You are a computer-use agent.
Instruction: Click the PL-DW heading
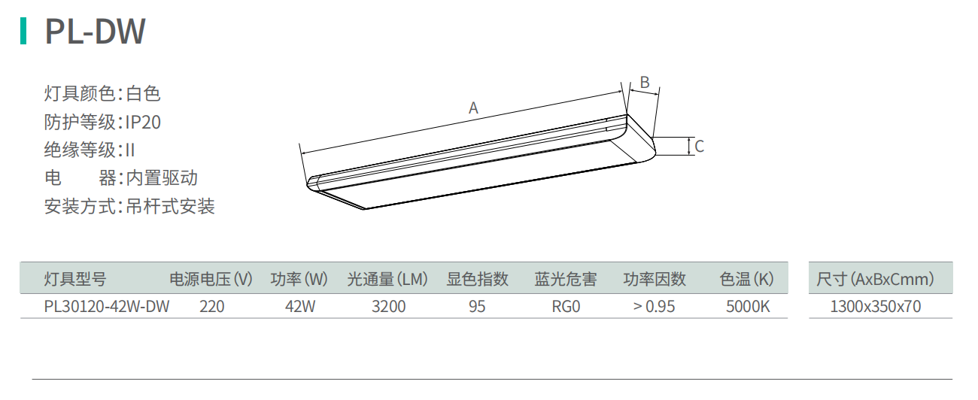(x=95, y=32)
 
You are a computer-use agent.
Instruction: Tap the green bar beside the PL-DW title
(x=24, y=31)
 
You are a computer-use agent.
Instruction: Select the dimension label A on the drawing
(x=473, y=108)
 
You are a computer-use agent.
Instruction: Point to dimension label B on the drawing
(x=644, y=82)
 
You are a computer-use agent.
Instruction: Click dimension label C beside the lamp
(x=699, y=147)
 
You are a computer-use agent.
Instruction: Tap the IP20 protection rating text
(x=143, y=122)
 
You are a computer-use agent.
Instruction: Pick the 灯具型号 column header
(x=75, y=280)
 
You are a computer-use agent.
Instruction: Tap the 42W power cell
(x=299, y=307)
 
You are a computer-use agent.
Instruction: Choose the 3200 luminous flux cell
(x=388, y=307)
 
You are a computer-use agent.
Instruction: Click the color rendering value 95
(x=477, y=307)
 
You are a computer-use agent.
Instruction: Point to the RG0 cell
(x=566, y=307)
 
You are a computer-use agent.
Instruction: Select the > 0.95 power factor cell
(x=654, y=307)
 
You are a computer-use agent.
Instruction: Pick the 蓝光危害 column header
(x=566, y=280)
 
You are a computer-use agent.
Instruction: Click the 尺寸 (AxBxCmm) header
(x=876, y=280)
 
